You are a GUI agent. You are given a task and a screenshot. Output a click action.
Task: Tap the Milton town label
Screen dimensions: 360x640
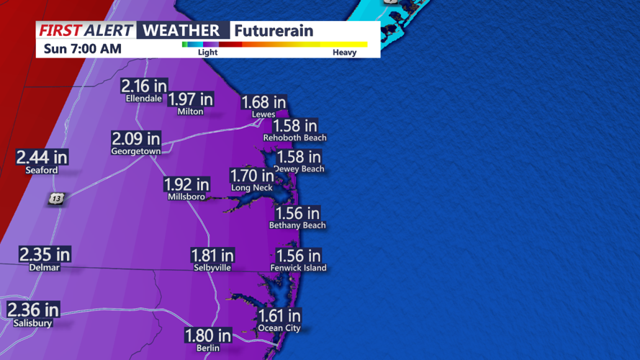point(190,112)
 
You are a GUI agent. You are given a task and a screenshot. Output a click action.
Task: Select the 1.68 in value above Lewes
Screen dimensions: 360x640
point(263,103)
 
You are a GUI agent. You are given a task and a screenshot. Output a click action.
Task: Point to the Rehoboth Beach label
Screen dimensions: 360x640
point(294,138)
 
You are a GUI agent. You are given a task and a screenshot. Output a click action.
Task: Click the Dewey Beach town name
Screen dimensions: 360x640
point(299,169)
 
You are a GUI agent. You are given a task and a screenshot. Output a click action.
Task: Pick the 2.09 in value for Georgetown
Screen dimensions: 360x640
point(136,138)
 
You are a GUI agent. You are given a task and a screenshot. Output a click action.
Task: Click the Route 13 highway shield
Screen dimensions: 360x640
point(56,199)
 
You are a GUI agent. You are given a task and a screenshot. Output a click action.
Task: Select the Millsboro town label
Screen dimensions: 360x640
point(186,197)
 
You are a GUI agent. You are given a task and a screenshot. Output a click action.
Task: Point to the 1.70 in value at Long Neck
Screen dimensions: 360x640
point(252,175)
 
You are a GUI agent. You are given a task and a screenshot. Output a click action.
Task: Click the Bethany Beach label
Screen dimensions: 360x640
point(297,225)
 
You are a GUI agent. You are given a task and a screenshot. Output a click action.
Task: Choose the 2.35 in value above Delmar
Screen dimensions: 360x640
point(45,254)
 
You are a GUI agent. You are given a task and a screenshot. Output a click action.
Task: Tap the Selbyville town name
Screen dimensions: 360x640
point(212,268)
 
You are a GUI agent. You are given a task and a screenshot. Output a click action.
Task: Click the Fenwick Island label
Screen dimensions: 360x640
point(298,268)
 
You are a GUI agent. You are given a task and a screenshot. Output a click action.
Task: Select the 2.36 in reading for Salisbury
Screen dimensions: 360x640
point(33,310)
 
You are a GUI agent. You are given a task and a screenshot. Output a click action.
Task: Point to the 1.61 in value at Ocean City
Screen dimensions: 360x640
point(279,315)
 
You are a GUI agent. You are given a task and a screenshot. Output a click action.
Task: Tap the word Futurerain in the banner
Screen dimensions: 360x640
point(274,31)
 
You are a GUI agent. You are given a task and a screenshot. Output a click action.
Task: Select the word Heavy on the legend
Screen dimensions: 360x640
point(344,53)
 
